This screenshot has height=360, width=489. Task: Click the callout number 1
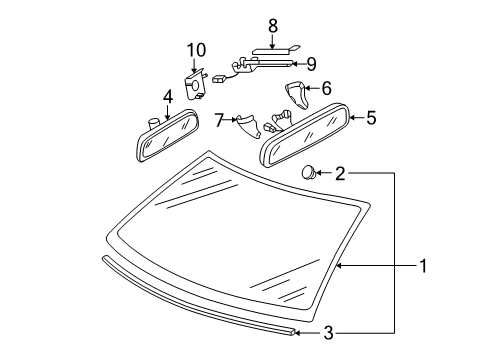[x=423, y=266]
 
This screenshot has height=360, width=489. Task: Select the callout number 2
[x=340, y=173]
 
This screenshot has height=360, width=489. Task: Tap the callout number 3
[x=329, y=333]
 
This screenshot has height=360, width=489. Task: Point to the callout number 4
[x=168, y=97]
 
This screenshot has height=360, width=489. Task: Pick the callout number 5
[x=371, y=118]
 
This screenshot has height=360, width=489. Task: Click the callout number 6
[x=326, y=88]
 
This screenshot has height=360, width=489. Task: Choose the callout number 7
[x=219, y=120]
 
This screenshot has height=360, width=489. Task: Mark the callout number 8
[x=273, y=26]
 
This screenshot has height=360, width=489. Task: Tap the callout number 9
[x=311, y=64]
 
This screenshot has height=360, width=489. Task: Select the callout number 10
[x=196, y=50]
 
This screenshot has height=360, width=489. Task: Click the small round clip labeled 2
[x=309, y=172]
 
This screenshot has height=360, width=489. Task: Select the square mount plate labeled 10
[x=195, y=85]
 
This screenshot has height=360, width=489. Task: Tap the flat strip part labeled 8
[x=275, y=51]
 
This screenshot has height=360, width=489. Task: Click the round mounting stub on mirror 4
[x=153, y=124]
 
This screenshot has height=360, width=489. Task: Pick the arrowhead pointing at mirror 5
[x=353, y=117]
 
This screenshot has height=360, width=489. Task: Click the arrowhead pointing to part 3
[x=298, y=332]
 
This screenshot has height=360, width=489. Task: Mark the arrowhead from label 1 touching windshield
[x=339, y=266]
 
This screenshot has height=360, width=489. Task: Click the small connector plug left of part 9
[x=219, y=79]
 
